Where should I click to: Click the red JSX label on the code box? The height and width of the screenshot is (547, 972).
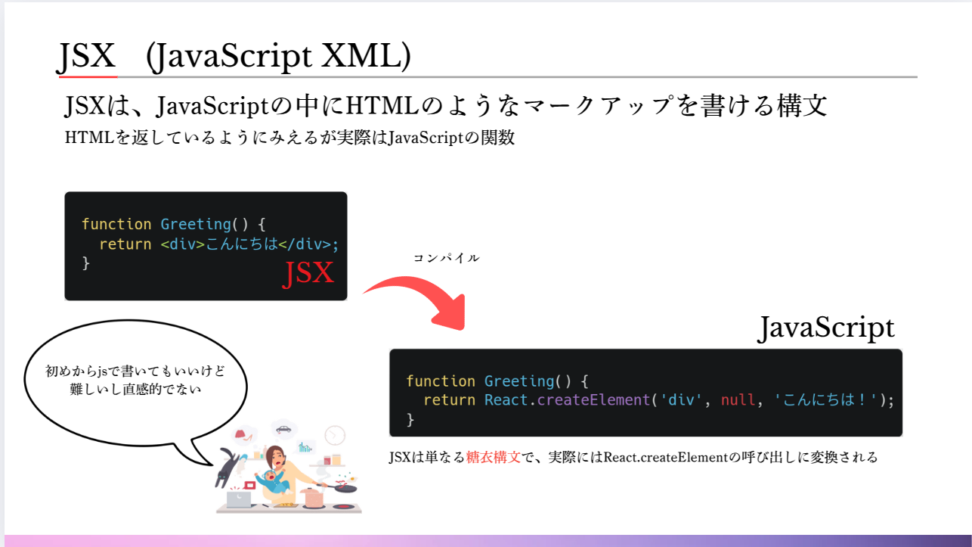click(x=308, y=273)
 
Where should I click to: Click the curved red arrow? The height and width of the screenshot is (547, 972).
click(x=424, y=296)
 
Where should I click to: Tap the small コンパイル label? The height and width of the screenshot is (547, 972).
click(x=446, y=258)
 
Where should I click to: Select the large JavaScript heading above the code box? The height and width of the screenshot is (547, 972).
click(x=825, y=328)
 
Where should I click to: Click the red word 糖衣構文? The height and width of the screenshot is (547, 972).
click(x=494, y=457)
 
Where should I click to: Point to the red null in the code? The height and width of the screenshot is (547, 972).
click(x=738, y=400)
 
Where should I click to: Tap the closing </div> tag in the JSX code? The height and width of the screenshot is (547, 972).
click(x=306, y=244)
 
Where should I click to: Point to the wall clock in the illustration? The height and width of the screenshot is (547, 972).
click(x=335, y=435)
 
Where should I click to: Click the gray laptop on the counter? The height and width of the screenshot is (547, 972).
click(x=238, y=499)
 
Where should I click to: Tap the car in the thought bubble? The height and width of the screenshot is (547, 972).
click(x=283, y=429)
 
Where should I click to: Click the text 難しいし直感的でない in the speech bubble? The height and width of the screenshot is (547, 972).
click(x=136, y=390)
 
